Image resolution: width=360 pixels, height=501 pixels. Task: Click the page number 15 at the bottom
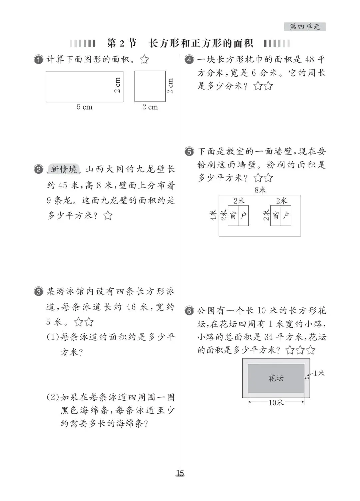pyautogui.click(x=180, y=473)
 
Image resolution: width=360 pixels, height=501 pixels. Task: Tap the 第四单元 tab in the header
pyautogui.click(x=305, y=27)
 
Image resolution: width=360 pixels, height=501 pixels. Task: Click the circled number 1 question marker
pyautogui.click(x=39, y=60)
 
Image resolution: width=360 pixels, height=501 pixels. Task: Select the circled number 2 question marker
pyautogui.click(x=39, y=170)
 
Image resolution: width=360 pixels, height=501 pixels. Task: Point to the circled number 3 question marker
pyautogui.click(x=39, y=292)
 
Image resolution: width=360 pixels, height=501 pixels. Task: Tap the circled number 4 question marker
pyautogui.click(x=189, y=60)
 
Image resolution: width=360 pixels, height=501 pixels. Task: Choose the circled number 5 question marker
pyautogui.click(x=189, y=152)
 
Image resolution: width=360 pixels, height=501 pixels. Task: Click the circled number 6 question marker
pyautogui.click(x=189, y=311)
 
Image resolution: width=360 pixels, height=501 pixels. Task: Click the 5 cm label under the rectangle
pyautogui.click(x=84, y=107)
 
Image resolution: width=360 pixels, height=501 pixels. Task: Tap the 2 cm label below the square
pyautogui.click(x=150, y=107)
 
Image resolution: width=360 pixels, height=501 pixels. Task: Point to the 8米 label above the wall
pyautogui.click(x=260, y=190)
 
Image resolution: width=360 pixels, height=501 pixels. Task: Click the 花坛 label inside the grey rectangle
pyautogui.click(x=276, y=378)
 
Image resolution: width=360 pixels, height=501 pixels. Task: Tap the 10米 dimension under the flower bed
pyautogui.click(x=276, y=402)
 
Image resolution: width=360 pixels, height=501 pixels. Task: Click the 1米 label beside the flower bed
pyautogui.click(x=319, y=373)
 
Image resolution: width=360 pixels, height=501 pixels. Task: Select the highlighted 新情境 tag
pyautogui.click(x=64, y=169)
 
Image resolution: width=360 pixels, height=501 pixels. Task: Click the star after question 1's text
pyautogui.click(x=144, y=60)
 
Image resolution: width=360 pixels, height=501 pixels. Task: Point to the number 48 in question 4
pyautogui.click(x=309, y=60)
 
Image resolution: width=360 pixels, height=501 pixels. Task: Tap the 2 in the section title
pyautogui.click(x=121, y=43)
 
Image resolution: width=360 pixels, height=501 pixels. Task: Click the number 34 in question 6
pyautogui.click(x=269, y=337)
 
